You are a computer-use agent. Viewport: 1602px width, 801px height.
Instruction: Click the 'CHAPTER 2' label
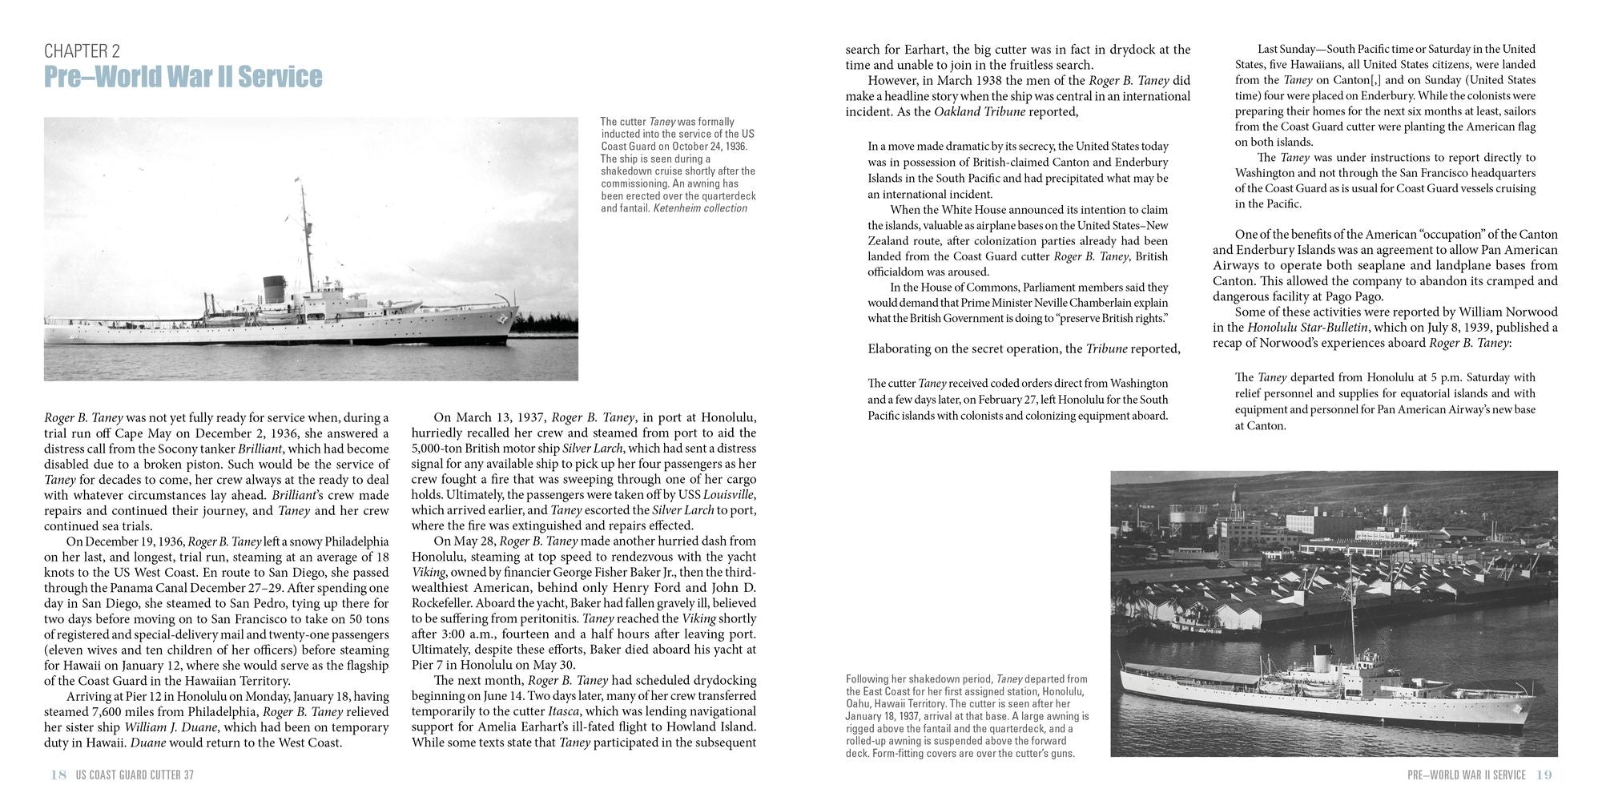82,51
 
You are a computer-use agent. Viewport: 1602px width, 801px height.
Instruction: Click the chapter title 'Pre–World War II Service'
183,77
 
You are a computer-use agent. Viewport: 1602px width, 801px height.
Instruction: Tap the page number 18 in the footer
58,775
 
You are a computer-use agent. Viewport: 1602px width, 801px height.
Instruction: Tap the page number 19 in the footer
1544,775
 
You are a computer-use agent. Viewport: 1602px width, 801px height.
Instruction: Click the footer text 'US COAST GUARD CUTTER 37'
135,775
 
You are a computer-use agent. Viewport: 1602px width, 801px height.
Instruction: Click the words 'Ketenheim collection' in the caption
700,208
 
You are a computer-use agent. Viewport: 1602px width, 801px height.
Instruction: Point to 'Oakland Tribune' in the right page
980,111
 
